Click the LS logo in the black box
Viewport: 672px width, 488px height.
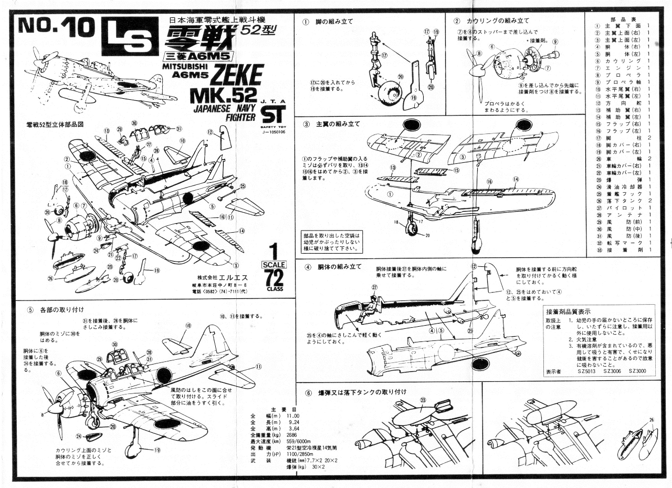point(130,37)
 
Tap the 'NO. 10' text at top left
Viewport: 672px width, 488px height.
point(54,28)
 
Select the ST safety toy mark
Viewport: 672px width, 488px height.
point(273,113)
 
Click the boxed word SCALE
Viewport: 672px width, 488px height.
point(274,264)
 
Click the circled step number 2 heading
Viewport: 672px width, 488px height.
point(457,21)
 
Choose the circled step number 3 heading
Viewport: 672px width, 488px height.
point(306,124)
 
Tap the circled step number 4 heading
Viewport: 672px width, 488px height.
point(308,267)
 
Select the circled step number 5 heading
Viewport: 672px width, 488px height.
point(30,309)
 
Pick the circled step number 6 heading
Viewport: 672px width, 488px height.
point(308,392)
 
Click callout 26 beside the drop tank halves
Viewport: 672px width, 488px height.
point(652,420)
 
